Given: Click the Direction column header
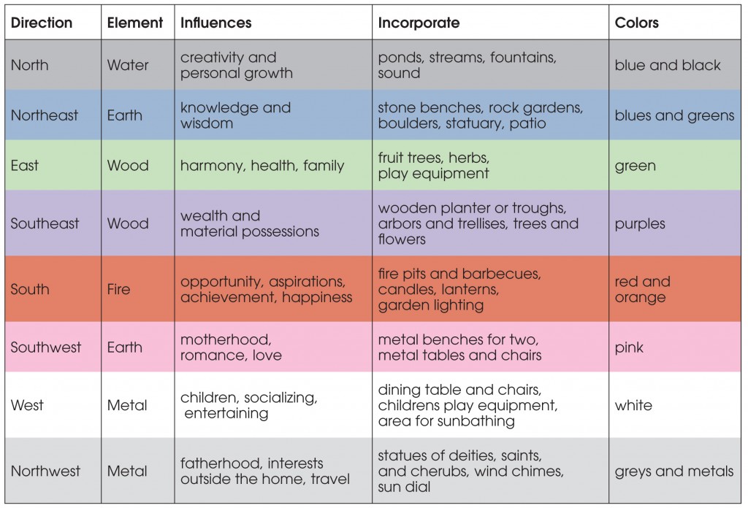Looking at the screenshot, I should coord(42,23).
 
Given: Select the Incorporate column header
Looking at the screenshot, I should coord(419,23).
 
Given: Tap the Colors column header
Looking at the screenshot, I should coord(636,23).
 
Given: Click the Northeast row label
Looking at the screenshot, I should coord(45,115).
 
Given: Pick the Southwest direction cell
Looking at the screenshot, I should coord(45,347).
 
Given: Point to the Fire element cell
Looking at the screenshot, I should coord(118,289).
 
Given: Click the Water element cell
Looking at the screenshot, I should coord(127,65).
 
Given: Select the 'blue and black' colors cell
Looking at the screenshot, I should coord(668,65).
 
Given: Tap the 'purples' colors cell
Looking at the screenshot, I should coord(640,223).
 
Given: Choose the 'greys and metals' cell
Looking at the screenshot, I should coord(674,471).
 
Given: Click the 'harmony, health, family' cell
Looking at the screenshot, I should coord(262,166).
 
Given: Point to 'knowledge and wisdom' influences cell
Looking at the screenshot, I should coord(235,115).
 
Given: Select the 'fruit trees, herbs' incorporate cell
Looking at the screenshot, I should coord(433,166).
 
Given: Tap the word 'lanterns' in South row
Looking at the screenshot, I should coord(474,290).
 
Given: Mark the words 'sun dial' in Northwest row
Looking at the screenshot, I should coord(405,486).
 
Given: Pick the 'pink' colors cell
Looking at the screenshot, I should coord(630,347).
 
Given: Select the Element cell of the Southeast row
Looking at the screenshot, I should coord(127,223).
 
